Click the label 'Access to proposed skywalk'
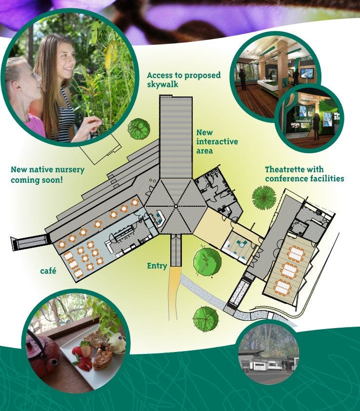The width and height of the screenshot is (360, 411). pos(183,79)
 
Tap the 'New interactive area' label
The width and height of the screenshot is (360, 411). pos(217,141)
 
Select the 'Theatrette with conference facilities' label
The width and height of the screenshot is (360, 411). pos(304,174)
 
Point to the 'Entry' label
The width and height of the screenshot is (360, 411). pos(157,266)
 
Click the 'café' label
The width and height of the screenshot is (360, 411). pos(48,271)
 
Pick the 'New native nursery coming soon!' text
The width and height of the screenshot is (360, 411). pos(47,175)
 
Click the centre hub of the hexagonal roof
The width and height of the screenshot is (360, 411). pos(176,207)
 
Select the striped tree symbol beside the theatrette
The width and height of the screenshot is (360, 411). pos(264,197)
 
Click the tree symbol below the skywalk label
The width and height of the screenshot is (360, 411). pos(139,128)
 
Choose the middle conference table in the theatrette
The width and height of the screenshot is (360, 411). pos(289,270)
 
